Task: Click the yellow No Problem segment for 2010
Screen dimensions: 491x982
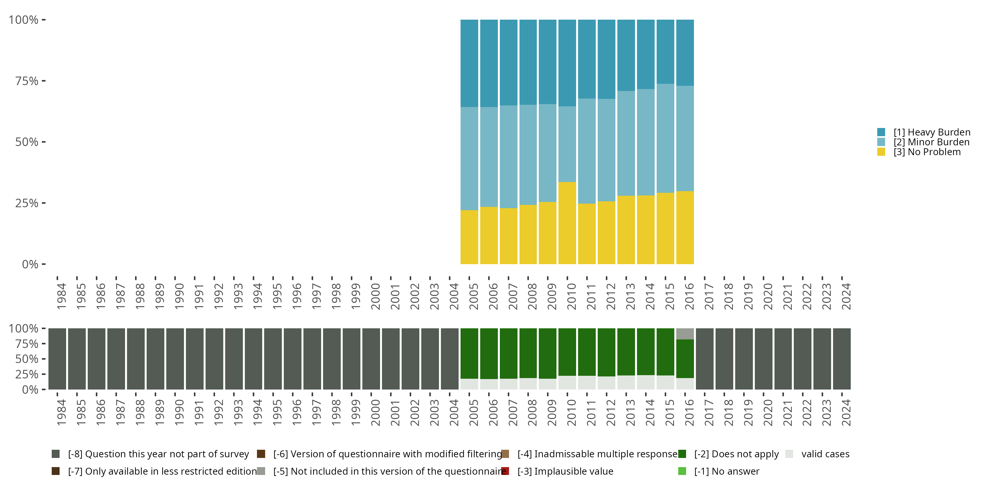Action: pos(567,223)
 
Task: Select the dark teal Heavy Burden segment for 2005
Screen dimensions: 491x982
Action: pos(469,63)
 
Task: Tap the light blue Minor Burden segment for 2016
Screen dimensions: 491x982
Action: pos(685,138)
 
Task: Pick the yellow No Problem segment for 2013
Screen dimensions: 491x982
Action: pos(626,230)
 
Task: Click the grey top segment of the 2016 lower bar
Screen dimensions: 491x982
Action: pos(685,334)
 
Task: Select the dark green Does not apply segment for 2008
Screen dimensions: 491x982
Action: pos(528,353)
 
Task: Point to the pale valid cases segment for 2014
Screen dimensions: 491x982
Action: pos(646,382)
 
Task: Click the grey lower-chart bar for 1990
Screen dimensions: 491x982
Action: pos(175,359)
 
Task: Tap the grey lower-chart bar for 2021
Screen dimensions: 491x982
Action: pos(783,359)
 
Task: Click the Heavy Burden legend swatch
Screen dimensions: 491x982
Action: pos(881,132)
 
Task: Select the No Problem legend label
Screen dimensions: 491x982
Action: pos(927,152)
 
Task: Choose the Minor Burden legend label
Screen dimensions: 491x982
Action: pos(931,142)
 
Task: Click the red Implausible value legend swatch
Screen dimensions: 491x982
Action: pos(505,471)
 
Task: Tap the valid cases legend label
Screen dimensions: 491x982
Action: pos(825,454)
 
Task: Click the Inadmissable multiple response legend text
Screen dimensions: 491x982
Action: pos(597,454)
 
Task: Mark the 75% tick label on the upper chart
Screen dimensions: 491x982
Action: pos(27,81)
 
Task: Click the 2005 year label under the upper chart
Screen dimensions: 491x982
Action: pos(473,296)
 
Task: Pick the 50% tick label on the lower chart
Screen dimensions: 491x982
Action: pos(27,359)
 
